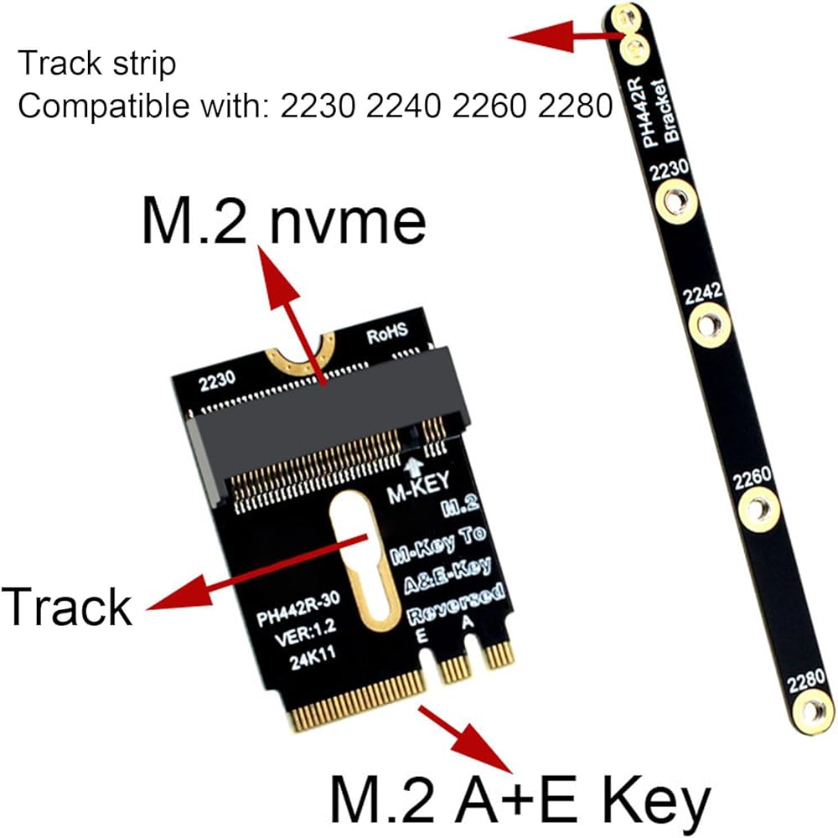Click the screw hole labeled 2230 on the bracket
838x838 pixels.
676,201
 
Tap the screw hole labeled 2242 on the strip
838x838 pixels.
709,324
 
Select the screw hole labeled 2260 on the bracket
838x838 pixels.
758,510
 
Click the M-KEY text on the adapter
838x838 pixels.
419,487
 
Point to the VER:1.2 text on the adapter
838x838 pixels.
305,634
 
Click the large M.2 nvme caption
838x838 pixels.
284,220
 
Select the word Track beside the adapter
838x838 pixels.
67,606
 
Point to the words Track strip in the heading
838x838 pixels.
96,63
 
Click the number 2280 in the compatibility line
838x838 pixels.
576,106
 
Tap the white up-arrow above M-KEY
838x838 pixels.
416,467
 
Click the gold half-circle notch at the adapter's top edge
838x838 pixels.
301,354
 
